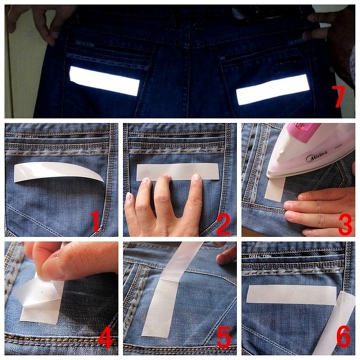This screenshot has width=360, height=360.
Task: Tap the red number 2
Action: click(223, 222)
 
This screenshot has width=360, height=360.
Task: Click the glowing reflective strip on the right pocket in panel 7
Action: click(273, 90)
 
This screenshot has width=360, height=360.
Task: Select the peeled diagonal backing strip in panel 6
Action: click(335, 324)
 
